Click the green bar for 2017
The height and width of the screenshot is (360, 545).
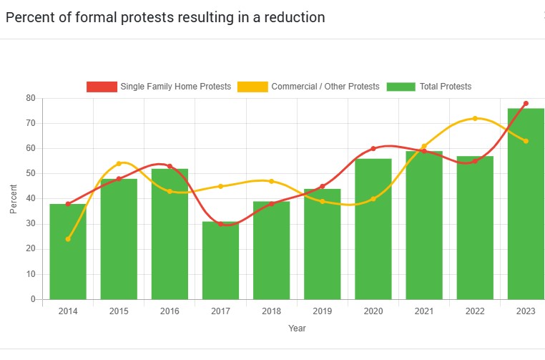pyautogui.click(x=220, y=261)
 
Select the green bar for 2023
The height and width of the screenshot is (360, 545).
pyautogui.click(x=526, y=204)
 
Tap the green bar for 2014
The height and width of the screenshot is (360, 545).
pyautogui.click(x=68, y=251)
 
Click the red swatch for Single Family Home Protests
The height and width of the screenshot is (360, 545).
pyautogui.click(x=102, y=87)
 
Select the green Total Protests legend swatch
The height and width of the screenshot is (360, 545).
pyautogui.click(x=401, y=87)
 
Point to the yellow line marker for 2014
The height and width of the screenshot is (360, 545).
pyautogui.click(x=68, y=239)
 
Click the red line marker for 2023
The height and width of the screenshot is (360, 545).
pyautogui.click(x=526, y=103)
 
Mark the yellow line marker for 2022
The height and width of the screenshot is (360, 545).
pyautogui.click(x=475, y=118)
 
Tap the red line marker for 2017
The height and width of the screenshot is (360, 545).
pyautogui.click(x=220, y=224)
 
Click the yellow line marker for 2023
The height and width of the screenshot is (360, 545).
pyautogui.click(x=526, y=141)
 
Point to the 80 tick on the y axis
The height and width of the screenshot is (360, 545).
pyautogui.click(x=30, y=98)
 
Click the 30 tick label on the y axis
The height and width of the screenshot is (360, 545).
pyautogui.click(x=30, y=224)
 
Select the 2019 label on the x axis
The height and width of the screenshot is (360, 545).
pyautogui.click(x=323, y=311)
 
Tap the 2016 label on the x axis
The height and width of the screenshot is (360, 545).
pyautogui.click(x=170, y=311)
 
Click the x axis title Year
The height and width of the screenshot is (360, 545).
pyautogui.click(x=297, y=328)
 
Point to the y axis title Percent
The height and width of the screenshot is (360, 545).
pyautogui.click(x=14, y=199)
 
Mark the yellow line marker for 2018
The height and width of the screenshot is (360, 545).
pyautogui.click(x=271, y=181)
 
